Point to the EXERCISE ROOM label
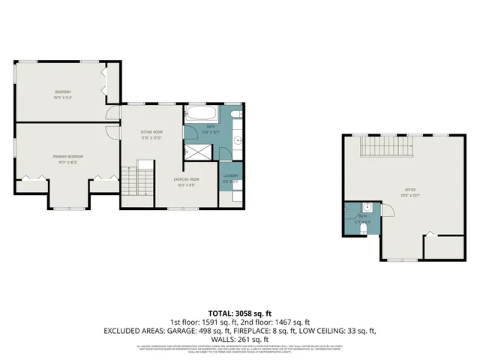coord(186,179)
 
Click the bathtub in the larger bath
coord(200,115)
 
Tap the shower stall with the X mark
coord(198,149)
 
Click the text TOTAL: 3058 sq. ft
coord(239,312)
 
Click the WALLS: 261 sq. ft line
coord(239,339)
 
